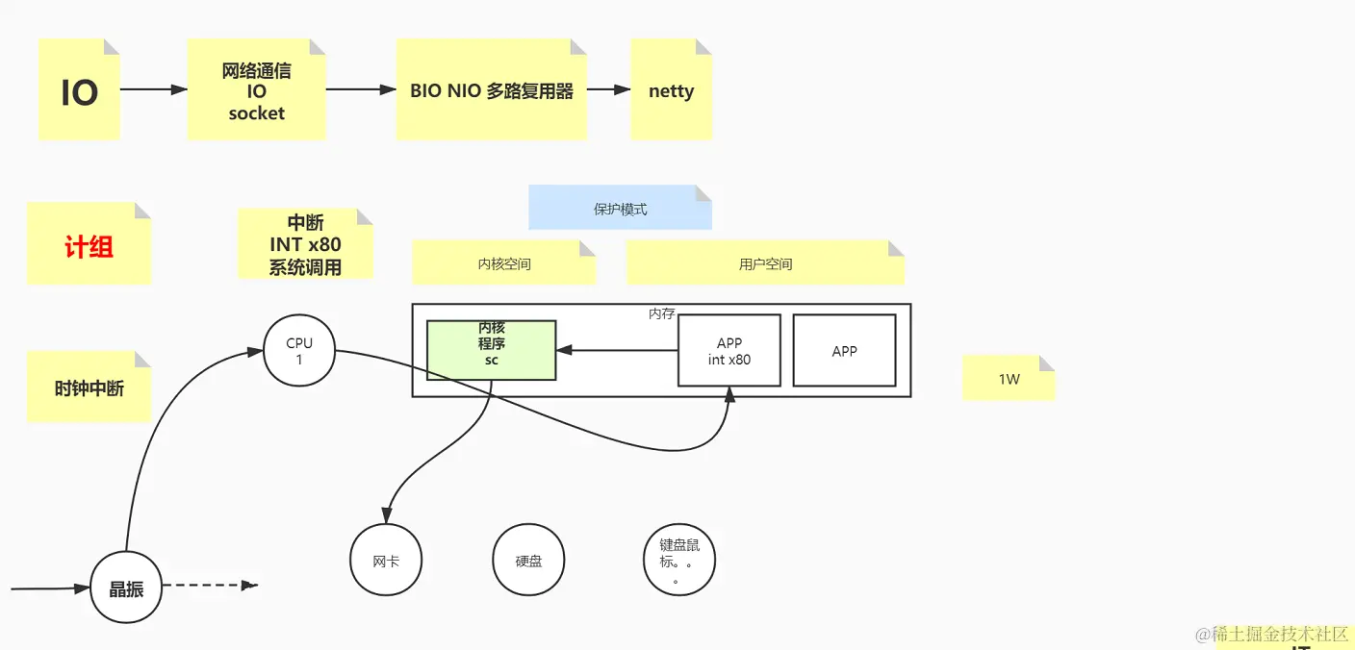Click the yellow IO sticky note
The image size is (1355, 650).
point(79,91)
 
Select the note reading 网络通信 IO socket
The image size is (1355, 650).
point(256,91)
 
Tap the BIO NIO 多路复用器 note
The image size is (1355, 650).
point(491,91)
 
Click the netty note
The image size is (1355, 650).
point(671,91)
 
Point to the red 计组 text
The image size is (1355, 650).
point(89,247)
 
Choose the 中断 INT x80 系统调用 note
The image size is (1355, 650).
point(305,244)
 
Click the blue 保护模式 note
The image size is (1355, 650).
point(620,209)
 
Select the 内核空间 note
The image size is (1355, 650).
point(503,263)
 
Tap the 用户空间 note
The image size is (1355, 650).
point(765,263)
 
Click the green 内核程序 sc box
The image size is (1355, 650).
point(491,350)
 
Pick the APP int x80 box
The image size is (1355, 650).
point(729,351)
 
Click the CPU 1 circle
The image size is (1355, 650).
point(299,351)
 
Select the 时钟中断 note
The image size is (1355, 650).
point(89,388)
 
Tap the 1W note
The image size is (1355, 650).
point(1009,379)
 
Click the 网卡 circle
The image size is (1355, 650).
point(386,561)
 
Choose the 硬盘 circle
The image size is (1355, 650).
point(528,561)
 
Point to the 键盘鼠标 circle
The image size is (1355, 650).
point(679,561)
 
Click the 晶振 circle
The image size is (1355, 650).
point(126,588)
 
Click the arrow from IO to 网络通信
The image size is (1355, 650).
point(154,89)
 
